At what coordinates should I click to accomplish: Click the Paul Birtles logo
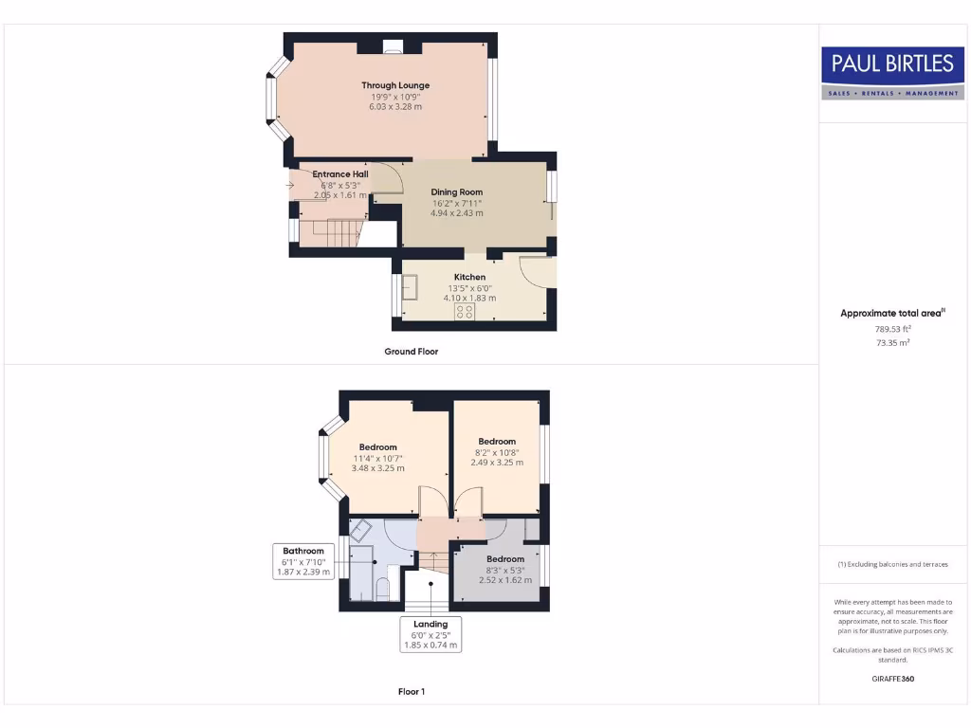click(892, 73)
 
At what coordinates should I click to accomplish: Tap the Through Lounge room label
click(395, 85)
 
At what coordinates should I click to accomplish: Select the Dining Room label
click(457, 192)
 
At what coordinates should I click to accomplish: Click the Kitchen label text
click(469, 278)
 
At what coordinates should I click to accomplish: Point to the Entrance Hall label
click(340, 174)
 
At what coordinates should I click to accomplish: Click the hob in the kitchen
click(465, 311)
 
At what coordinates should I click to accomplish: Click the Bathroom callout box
click(303, 561)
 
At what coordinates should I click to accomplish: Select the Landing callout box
click(431, 634)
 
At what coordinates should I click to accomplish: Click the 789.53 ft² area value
click(892, 329)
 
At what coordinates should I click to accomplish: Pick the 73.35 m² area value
click(892, 342)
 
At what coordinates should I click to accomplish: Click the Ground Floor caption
click(411, 352)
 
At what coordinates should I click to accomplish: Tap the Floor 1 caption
click(411, 692)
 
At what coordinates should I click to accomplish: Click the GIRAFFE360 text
click(892, 679)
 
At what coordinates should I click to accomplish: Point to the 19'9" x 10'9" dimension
click(395, 97)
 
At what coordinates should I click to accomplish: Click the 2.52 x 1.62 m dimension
click(505, 580)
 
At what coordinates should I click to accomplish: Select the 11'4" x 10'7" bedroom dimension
click(377, 458)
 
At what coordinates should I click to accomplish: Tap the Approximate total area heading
click(892, 313)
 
